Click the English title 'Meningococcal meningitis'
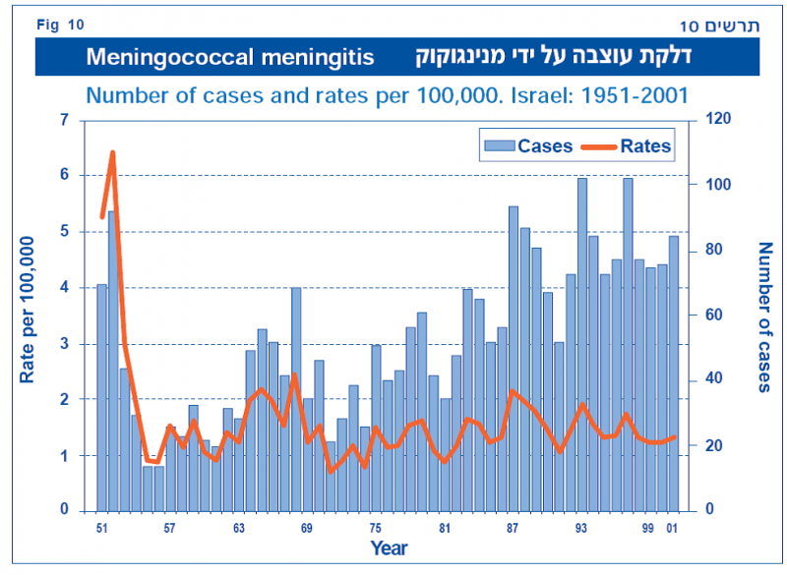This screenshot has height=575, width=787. [x=229, y=57]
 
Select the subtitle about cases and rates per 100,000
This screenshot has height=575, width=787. [x=387, y=96]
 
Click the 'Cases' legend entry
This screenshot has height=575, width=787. [x=529, y=146]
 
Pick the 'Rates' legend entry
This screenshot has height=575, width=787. [x=627, y=146]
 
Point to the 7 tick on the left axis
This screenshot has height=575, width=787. [x=64, y=120]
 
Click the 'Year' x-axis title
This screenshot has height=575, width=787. [x=389, y=548]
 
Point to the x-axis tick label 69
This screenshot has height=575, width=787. [x=307, y=528]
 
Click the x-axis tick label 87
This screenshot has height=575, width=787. [x=513, y=528]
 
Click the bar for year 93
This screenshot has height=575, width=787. [x=582, y=344]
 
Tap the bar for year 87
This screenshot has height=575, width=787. [x=514, y=359]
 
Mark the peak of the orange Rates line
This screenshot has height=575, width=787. [x=112, y=152]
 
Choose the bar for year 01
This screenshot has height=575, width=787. [x=674, y=374]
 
